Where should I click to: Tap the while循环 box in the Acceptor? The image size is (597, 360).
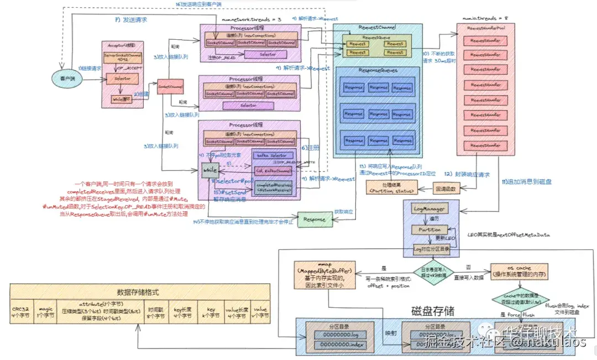pyautogui.click(x=121, y=98)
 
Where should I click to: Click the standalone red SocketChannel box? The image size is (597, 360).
pyautogui.click(x=170, y=87)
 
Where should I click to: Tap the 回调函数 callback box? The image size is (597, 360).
pyautogui.click(x=446, y=189)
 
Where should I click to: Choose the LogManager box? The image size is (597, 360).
pyautogui.click(x=428, y=209)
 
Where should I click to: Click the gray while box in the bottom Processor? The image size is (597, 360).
pyautogui.click(x=210, y=171)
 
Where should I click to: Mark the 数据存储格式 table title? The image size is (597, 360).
pyautogui.click(x=140, y=292)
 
